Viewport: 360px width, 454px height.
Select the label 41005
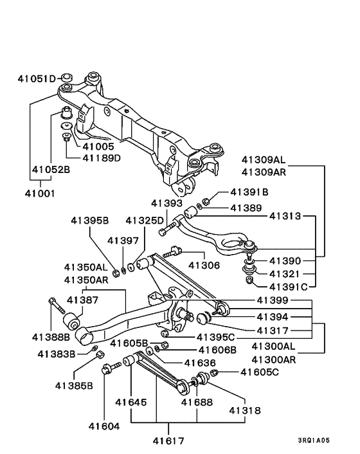pyautogui.click(x=98, y=147)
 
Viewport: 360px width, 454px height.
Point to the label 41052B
pyautogui.click(x=51, y=170)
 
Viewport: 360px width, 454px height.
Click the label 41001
pyautogui.click(x=40, y=192)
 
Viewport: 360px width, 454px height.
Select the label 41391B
pyautogui.click(x=249, y=192)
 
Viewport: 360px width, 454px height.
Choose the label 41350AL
pyautogui.click(x=86, y=267)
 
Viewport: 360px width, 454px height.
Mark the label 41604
pyautogui.click(x=104, y=425)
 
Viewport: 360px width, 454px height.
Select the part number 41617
pyautogui.click(x=169, y=440)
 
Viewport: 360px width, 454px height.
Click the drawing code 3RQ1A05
pyautogui.click(x=313, y=440)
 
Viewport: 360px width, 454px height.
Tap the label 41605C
pyautogui.click(x=260, y=372)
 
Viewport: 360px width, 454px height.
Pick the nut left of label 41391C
pyautogui.click(x=248, y=280)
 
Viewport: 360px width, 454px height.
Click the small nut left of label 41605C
pyautogui.click(x=215, y=373)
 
